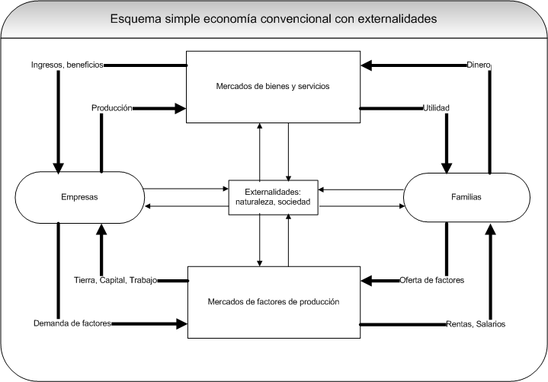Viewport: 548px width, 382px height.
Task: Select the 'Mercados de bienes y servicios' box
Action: tap(273, 86)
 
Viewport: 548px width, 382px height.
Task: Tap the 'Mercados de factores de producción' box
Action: tap(273, 301)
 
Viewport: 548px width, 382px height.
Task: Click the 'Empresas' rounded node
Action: tap(79, 197)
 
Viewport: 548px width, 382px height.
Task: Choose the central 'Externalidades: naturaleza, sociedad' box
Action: tap(274, 197)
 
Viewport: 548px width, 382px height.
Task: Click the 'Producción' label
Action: tap(112, 108)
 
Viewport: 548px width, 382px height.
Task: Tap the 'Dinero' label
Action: tap(479, 65)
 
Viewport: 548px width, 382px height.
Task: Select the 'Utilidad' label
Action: tap(435, 108)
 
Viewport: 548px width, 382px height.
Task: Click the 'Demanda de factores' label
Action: tap(72, 323)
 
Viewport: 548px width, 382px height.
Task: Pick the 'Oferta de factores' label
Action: tap(432, 281)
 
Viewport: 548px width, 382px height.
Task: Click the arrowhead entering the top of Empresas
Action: tap(56, 167)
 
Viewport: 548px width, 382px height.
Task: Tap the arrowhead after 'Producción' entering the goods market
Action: tap(181, 108)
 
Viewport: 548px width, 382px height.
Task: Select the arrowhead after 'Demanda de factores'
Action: tap(181, 323)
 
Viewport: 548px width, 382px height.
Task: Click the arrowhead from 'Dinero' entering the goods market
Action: tap(367, 65)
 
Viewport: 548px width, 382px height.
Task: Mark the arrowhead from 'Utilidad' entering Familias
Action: tap(445, 167)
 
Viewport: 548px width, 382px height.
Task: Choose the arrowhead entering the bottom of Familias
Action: tap(489, 228)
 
